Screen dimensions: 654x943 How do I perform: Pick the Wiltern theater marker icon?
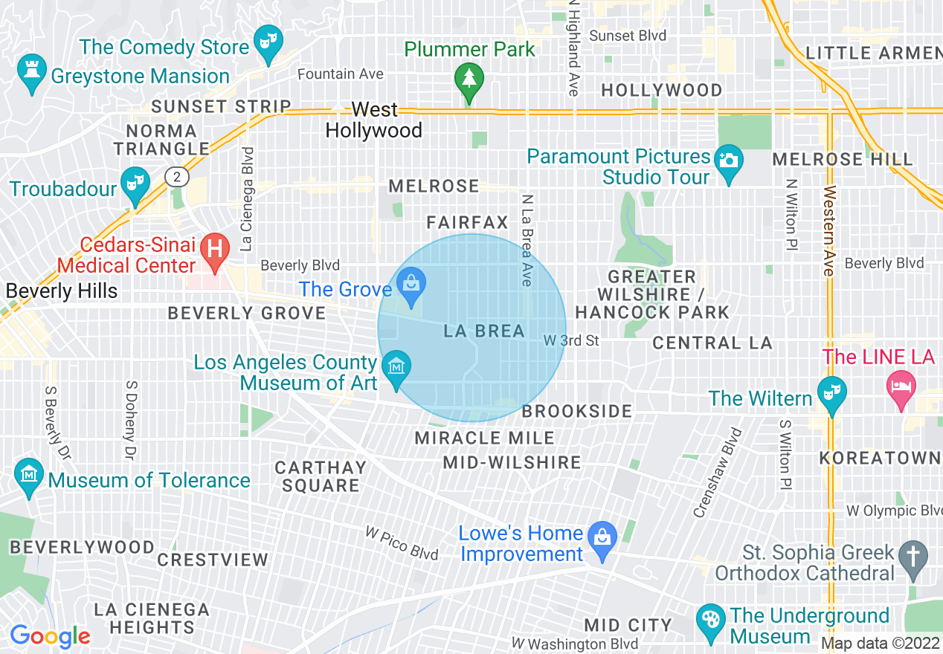point(831,393)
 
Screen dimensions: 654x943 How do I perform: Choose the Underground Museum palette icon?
point(711,621)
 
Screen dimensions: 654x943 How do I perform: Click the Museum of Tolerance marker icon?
point(29,476)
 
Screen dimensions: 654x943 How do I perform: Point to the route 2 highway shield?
point(177,177)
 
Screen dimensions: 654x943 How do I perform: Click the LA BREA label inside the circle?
point(484,331)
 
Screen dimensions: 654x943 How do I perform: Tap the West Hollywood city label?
point(374,120)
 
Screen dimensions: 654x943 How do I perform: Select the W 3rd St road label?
point(571,340)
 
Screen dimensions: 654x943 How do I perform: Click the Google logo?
point(50,636)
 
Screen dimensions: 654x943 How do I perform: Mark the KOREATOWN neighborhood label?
point(880,458)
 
